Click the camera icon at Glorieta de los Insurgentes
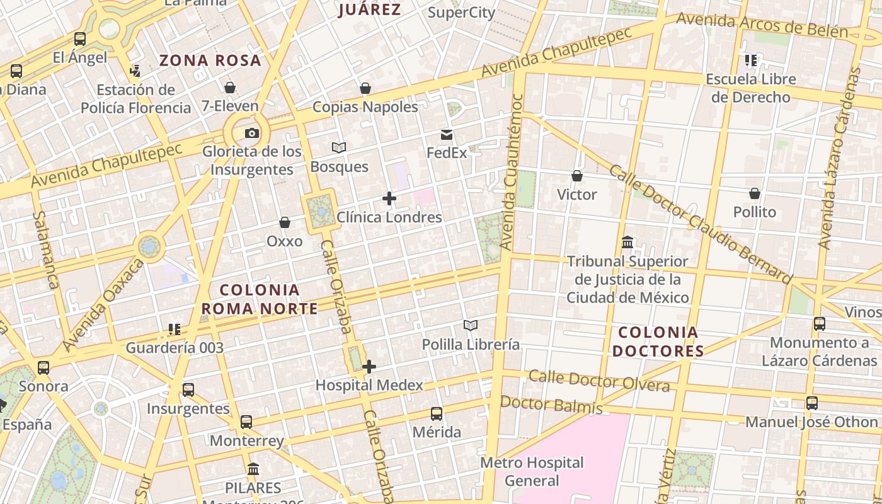(251, 133)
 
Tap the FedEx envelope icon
(447, 135)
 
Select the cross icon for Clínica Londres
(389, 199)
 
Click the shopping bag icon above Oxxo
(285, 222)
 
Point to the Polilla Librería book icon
(471, 325)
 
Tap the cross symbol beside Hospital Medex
(369, 366)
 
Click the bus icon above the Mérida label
(437, 414)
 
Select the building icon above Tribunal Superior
(627, 243)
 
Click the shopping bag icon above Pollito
(755, 193)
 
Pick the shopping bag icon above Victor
(576, 176)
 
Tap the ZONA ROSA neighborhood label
(210, 60)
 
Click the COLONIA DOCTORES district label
(658, 341)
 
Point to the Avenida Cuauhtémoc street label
(511, 171)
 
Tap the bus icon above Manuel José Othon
(812, 403)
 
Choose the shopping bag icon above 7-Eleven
(230, 87)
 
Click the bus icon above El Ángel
(80, 39)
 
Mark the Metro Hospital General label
(532, 471)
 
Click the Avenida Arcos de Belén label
(762, 26)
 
